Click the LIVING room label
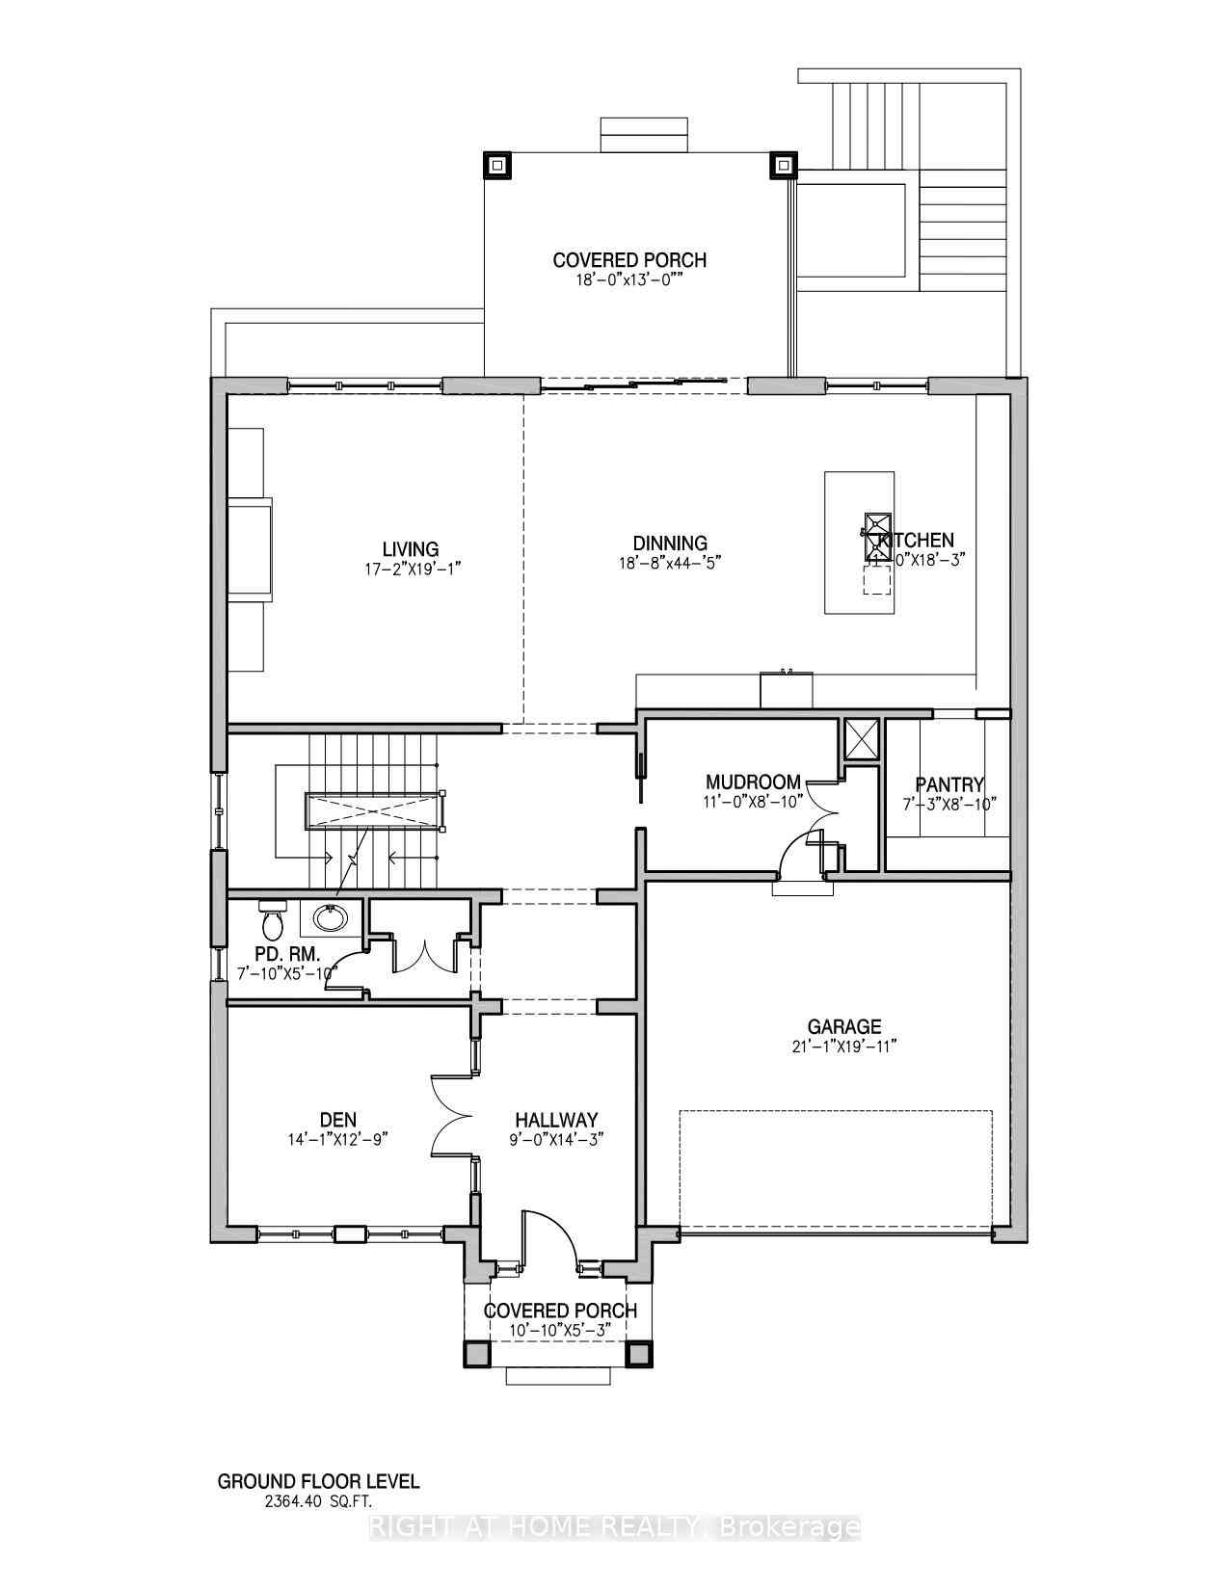(x=410, y=550)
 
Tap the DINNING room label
(x=670, y=543)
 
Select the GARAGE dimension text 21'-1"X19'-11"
(x=844, y=1047)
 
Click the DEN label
(x=338, y=1120)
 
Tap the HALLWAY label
(x=556, y=1120)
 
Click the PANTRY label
(x=949, y=784)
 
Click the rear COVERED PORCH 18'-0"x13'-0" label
(x=629, y=260)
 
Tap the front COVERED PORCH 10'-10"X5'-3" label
(x=560, y=1311)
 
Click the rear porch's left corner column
(x=497, y=166)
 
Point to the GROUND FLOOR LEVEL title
(x=318, y=1481)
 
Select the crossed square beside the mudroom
(x=859, y=739)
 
